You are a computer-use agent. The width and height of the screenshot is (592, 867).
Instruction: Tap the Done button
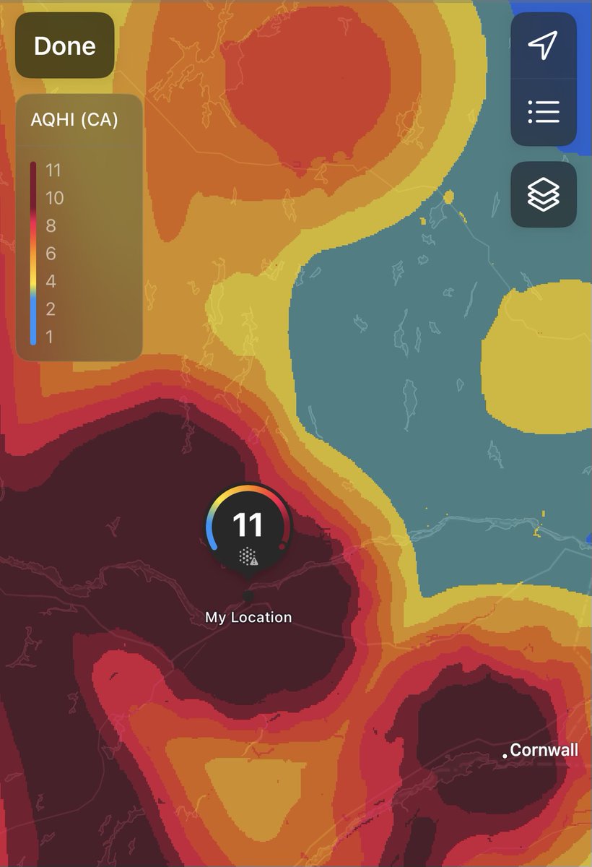pyautogui.click(x=65, y=46)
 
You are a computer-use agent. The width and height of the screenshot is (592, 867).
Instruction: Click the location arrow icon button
pyautogui.click(x=544, y=45)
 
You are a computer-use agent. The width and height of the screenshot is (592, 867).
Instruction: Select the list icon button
pyautogui.click(x=544, y=111)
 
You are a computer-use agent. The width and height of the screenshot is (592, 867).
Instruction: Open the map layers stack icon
pyautogui.click(x=544, y=194)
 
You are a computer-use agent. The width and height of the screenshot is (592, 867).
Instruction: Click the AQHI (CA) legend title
pyautogui.click(x=74, y=120)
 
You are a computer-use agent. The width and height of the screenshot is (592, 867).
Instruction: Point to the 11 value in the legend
pyautogui.click(x=53, y=171)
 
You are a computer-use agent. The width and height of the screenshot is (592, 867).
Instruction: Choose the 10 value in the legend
pyautogui.click(x=54, y=198)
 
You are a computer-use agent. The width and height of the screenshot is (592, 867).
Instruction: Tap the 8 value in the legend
pyautogui.click(x=50, y=225)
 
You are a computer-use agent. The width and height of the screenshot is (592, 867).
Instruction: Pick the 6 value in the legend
pyautogui.click(x=50, y=254)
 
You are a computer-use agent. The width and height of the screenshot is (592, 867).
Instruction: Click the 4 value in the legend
pyautogui.click(x=50, y=281)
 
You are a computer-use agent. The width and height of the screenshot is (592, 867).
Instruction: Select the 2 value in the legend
pyautogui.click(x=50, y=309)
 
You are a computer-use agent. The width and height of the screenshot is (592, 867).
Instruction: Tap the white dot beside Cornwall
pyautogui.click(x=505, y=756)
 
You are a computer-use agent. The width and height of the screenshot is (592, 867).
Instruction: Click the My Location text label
pyautogui.click(x=248, y=618)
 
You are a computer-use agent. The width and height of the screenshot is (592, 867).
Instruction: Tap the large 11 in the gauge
pyautogui.click(x=248, y=525)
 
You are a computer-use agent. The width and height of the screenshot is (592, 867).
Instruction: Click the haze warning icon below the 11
pyautogui.click(x=248, y=556)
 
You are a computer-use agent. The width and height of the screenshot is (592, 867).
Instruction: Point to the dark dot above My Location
pyautogui.click(x=248, y=597)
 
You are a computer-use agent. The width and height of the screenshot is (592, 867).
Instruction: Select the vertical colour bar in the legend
pyautogui.click(x=33, y=253)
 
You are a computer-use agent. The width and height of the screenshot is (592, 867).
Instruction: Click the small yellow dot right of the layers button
pyautogui.click(x=448, y=196)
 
